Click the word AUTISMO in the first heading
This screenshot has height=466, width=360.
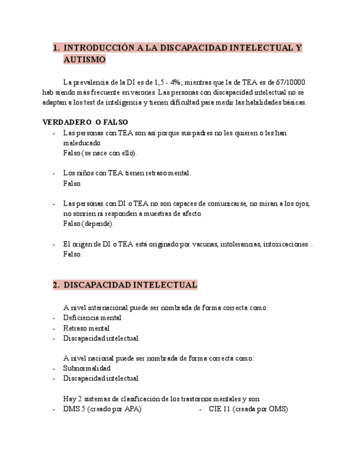pyautogui.click(x=84, y=59)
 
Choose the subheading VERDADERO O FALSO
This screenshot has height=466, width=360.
pyautogui.click(x=85, y=122)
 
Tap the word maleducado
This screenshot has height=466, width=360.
pyautogui.click(x=81, y=143)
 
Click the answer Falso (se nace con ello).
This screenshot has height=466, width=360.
pyautogui.click(x=100, y=153)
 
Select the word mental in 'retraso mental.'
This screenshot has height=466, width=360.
pyautogui.click(x=179, y=173)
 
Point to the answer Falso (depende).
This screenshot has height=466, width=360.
pyautogui.click(x=88, y=224)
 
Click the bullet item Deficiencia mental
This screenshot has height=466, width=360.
pyautogui.click(x=92, y=318)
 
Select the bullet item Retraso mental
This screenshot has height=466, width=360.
pyautogui.click(x=86, y=328)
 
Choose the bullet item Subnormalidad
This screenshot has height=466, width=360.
pyautogui.click(x=87, y=368)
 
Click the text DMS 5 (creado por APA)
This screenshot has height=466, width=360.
pyautogui.click(x=102, y=409)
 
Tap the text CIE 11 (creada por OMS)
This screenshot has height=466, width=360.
pyautogui.click(x=248, y=409)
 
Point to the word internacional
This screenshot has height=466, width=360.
pyautogui.click(x=108, y=308)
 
